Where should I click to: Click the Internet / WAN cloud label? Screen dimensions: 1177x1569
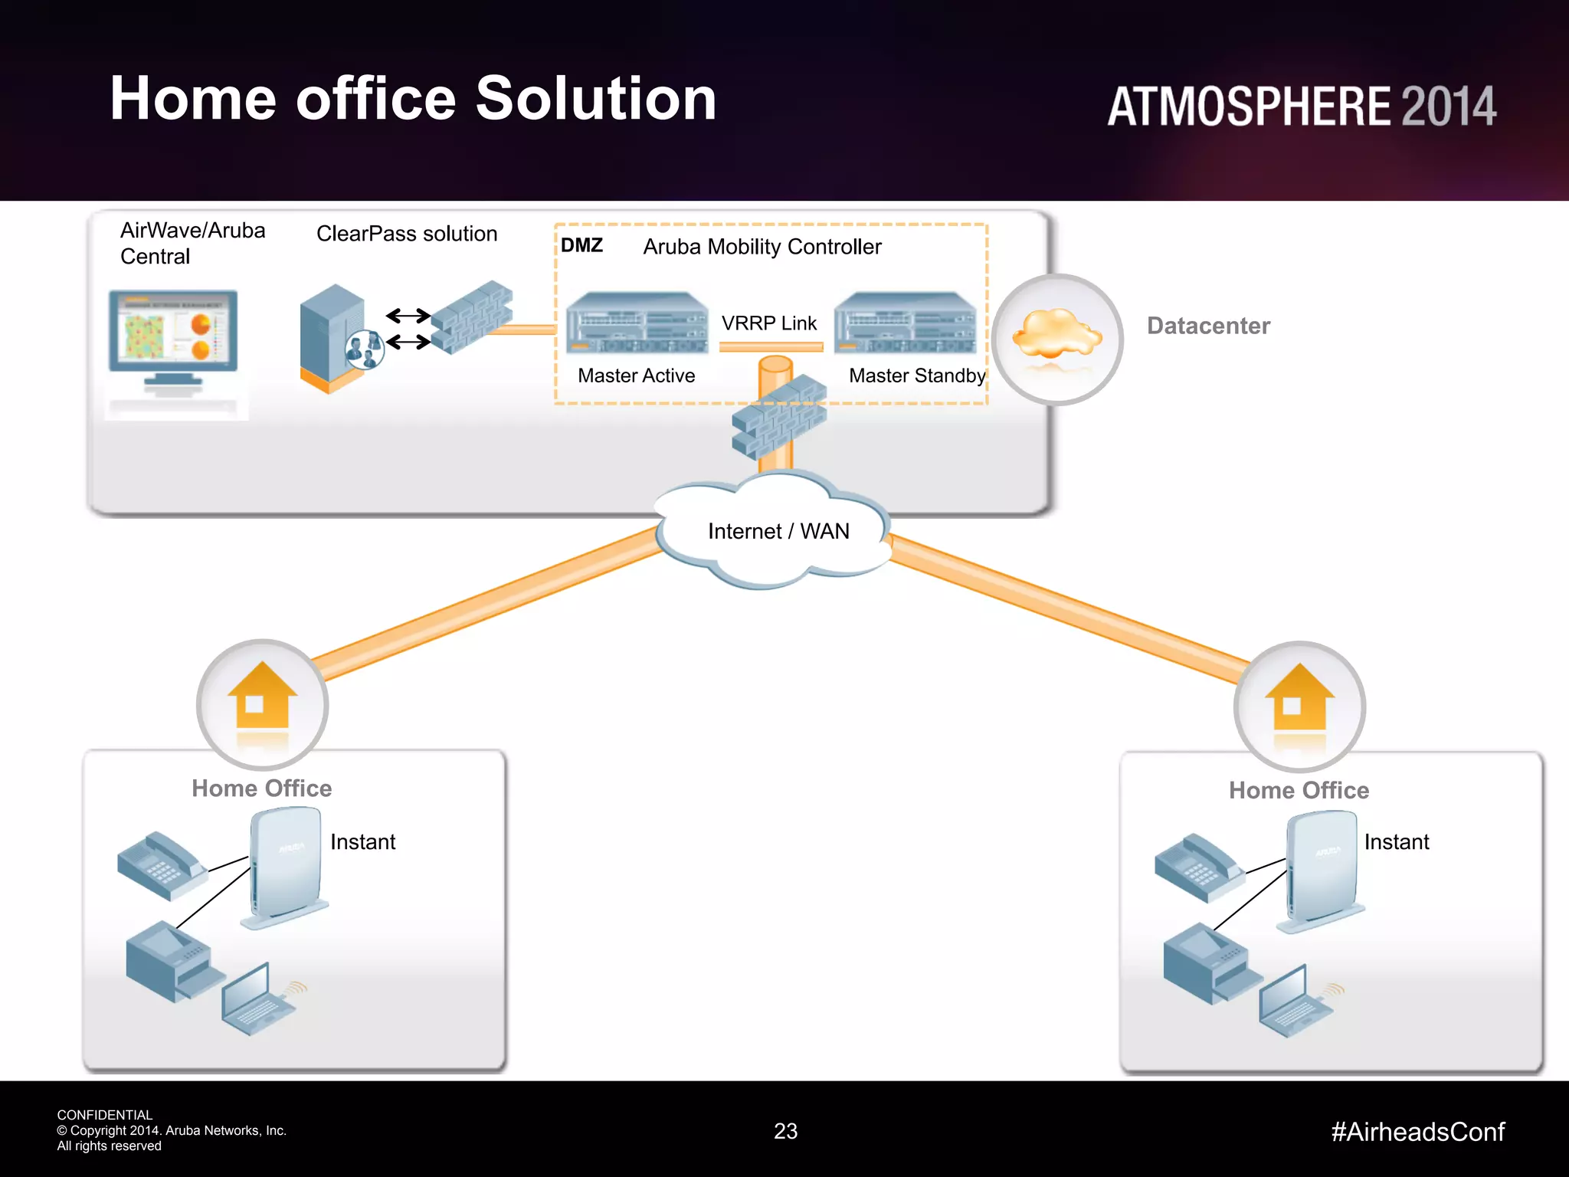point(778,531)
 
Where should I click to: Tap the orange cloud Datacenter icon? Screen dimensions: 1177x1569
point(1057,337)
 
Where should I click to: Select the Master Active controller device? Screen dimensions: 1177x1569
point(637,323)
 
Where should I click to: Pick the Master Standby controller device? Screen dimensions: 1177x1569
point(905,323)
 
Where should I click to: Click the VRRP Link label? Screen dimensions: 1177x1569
point(769,323)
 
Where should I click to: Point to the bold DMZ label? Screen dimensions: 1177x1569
point(581,245)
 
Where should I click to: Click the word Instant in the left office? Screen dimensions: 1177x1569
point(362,841)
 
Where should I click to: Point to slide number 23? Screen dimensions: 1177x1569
point(785,1131)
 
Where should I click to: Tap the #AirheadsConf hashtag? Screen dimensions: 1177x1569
point(1417,1132)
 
